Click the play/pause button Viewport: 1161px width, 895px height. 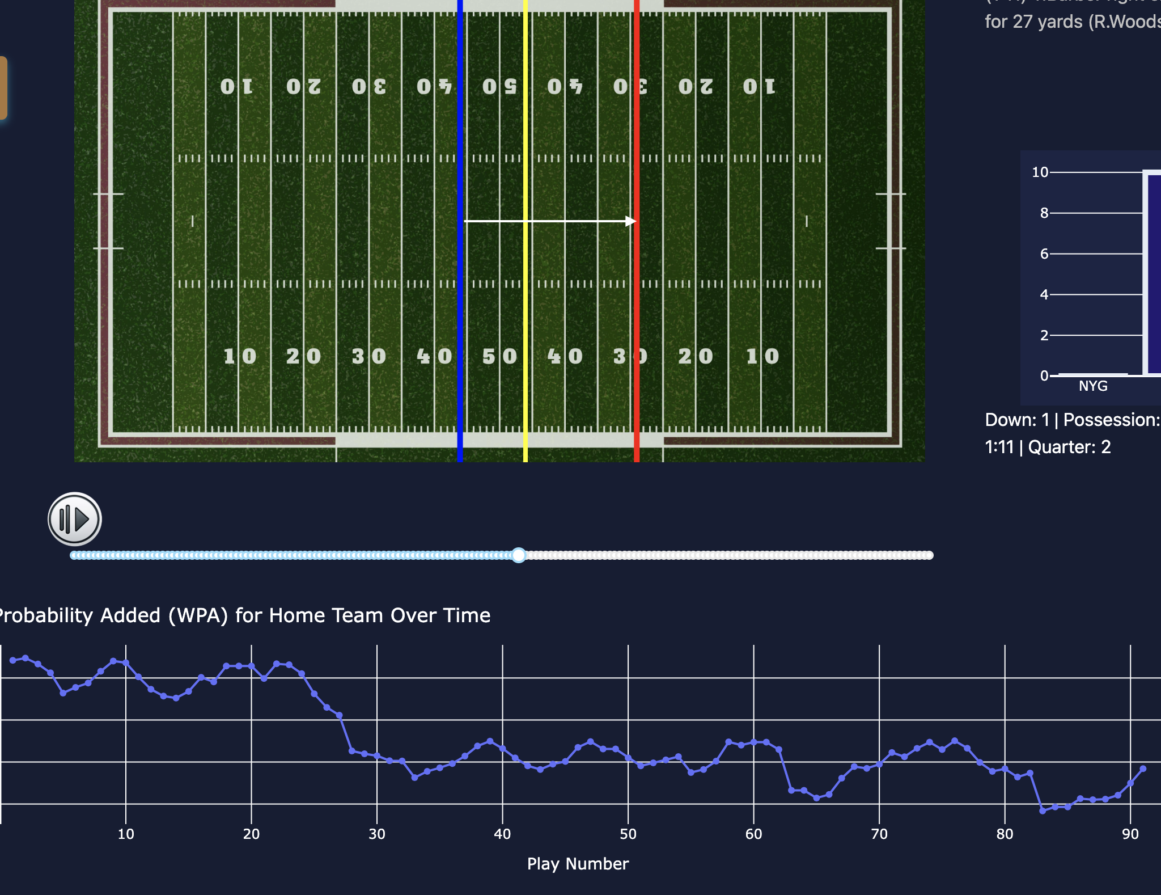pyautogui.click(x=75, y=519)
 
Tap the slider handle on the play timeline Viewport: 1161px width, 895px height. pyautogui.click(x=518, y=555)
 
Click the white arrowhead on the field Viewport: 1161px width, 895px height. pyautogui.click(x=631, y=221)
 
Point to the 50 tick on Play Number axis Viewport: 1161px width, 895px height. pyautogui.click(x=628, y=834)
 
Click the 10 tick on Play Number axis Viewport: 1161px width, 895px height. pyautogui.click(x=126, y=834)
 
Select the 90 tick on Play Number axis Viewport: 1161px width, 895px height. pyautogui.click(x=1130, y=834)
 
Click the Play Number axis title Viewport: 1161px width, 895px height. pyautogui.click(x=578, y=864)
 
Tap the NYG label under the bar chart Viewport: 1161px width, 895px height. pyautogui.click(x=1092, y=386)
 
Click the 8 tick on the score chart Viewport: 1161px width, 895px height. pyautogui.click(x=1044, y=213)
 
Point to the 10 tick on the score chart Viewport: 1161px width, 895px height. pyautogui.click(x=1040, y=172)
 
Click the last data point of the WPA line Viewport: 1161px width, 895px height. pyautogui.click(x=1143, y=769)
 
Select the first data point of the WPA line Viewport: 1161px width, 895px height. pyautogui.click(x=13, y=660)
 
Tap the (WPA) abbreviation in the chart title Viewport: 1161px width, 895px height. pyautogui.click(x=198, y=615)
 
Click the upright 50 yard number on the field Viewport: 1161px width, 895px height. pyautogui.click(x=499, y=356)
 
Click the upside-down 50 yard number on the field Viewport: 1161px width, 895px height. pyautogui.click(x=499, y=86)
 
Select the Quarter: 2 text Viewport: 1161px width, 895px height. pyautogui.click(x=1069, y=447)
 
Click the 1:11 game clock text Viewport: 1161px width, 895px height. pyautogui.click(x=999, y=447)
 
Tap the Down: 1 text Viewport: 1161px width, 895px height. pyautogui.click(x=1017, y=420)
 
